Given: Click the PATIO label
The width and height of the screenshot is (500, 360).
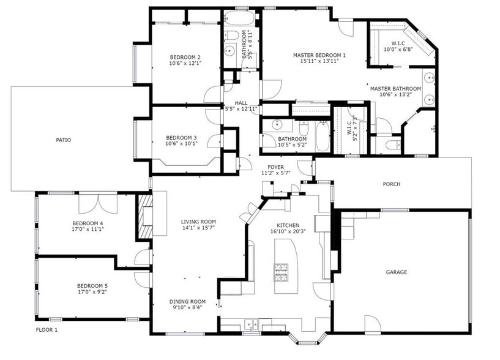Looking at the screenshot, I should [x=64, y=140].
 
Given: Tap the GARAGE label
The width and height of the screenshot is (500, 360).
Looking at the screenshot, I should [x=396, y=272].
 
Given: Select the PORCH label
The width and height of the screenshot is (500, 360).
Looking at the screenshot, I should [x=392, y=184].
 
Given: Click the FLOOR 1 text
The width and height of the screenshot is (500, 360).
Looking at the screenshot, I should [x=47, y=330].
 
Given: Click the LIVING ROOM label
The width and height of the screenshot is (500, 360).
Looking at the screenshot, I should [x=198, y=222].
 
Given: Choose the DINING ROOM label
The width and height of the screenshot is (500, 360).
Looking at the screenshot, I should [x=187, y=301].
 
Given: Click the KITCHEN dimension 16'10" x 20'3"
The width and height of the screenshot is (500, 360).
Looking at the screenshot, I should [x=288, y=231].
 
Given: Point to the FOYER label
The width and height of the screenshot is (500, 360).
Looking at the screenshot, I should [x=276, y=167].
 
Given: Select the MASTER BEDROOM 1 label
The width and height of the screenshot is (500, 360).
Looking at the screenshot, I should [x=319, y=55].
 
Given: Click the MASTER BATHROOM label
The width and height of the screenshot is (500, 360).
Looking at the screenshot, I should [x=395, y=88].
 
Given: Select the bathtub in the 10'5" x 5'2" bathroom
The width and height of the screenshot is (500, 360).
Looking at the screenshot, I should [x=323, y=136].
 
